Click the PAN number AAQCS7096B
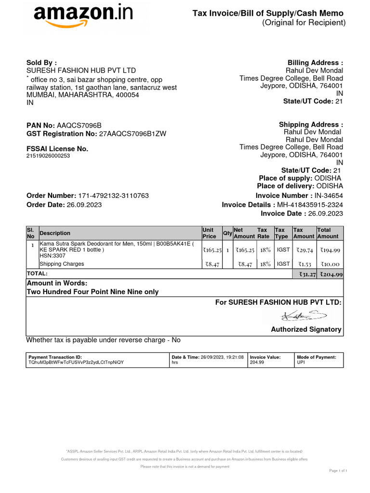tap(79, 125)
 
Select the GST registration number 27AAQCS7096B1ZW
tap(132, 134)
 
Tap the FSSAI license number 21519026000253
tap(48, 156)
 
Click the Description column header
tap(55, 233)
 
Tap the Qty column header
tap(227, 233)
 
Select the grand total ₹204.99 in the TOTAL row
tap(330, 274)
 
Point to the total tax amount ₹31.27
tap(304, 274)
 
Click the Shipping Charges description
tap(62, 264)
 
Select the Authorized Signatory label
tap(306, 329)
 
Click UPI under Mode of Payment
tap(301, 362)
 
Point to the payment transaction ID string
tap(76, 362)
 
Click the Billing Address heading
tap(315, 63)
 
